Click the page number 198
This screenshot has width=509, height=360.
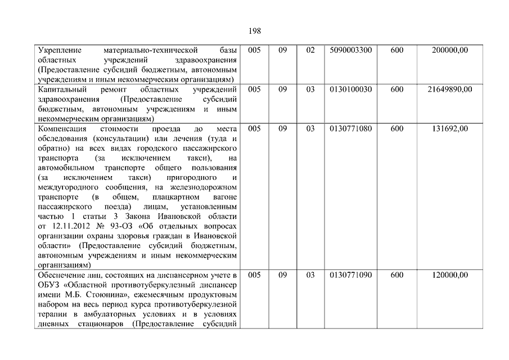pos(254,30)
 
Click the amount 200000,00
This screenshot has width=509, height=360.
pos(449,50)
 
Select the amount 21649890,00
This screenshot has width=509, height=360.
pos(449,89)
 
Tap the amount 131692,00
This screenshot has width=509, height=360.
pos(449,129)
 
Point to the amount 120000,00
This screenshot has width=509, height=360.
pos(449,275)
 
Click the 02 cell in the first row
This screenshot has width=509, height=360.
pos(310,50)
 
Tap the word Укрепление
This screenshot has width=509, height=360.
pos(58,50)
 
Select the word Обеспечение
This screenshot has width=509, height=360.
pos(60,275)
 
